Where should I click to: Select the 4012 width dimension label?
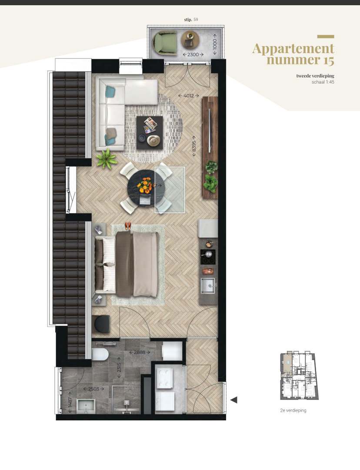click(x=188, y=95)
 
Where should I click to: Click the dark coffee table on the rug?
click(x=149, y=132)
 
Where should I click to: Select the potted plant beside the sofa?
click(x=106, y=159)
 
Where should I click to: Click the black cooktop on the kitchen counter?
click(x=208, y=257)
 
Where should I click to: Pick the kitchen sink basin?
click(x=208, y=286)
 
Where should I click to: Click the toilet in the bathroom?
click(x=100, y=354)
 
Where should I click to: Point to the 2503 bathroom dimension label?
click(x=93, y=389)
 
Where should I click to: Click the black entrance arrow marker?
click(x=233, y=399)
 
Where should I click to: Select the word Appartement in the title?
click(x=293, y=48)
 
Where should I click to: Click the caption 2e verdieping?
click(x=293, y=410)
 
